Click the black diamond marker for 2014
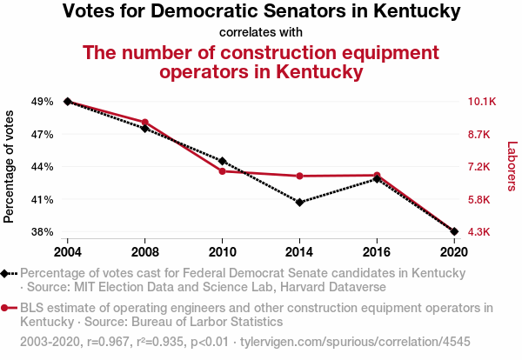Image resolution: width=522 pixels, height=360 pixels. click(x=299, y=203)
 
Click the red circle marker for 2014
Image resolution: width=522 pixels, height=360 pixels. click(x=299, y=176)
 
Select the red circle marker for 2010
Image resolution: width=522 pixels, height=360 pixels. click(x=223, y=171)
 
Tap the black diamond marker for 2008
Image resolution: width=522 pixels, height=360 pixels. click(x=145, y=129)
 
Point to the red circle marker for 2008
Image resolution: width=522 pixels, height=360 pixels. click(x=145, y=123)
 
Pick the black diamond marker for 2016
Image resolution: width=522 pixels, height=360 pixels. click(x=377, y=179)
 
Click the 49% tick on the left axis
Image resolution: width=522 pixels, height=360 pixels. click(x=41, y=102)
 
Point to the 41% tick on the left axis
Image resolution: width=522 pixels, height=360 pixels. click(x=41, y=199)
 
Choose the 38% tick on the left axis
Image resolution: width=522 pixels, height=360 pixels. click(x=41, y=232)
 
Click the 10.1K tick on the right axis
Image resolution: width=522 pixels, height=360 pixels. click(x=482, y=102)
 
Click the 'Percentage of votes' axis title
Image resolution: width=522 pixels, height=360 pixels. click(x=10, y=166)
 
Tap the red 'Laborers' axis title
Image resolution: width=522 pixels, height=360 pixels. click(x=512, y=166)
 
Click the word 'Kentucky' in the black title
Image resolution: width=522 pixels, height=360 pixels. click(x=414, y=12)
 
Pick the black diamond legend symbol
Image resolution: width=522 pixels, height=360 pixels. click(x=7, y=273)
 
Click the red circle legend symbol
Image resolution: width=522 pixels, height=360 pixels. click(x=7, y=308)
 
